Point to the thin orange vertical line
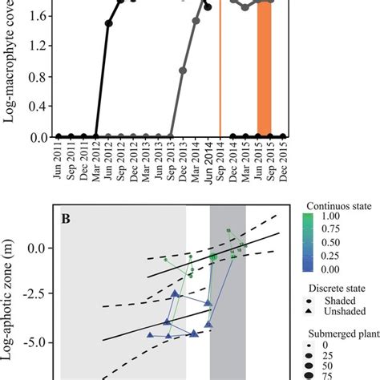(220, 80)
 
